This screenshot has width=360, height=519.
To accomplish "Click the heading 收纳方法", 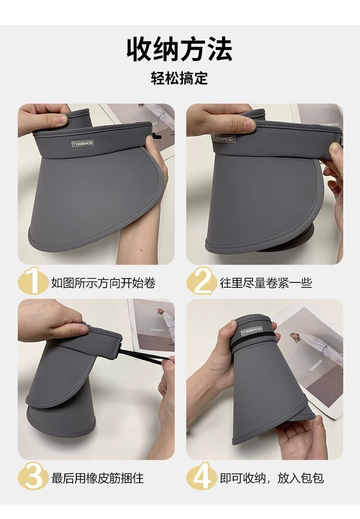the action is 180,49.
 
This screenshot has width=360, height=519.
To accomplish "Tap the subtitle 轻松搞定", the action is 179,79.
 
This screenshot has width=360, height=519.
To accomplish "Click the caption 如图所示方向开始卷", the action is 103,283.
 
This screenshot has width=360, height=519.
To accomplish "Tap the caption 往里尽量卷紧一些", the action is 266,283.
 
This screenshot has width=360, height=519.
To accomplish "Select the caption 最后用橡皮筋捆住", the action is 97,478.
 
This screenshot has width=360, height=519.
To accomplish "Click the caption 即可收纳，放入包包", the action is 272,478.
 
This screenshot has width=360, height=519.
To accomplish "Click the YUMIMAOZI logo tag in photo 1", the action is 83,143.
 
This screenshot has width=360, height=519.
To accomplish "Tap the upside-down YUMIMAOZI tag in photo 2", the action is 223,139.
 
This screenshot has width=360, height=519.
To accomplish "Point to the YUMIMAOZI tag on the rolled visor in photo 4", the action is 252,330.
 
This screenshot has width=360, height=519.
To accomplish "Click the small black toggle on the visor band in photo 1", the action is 156,136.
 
